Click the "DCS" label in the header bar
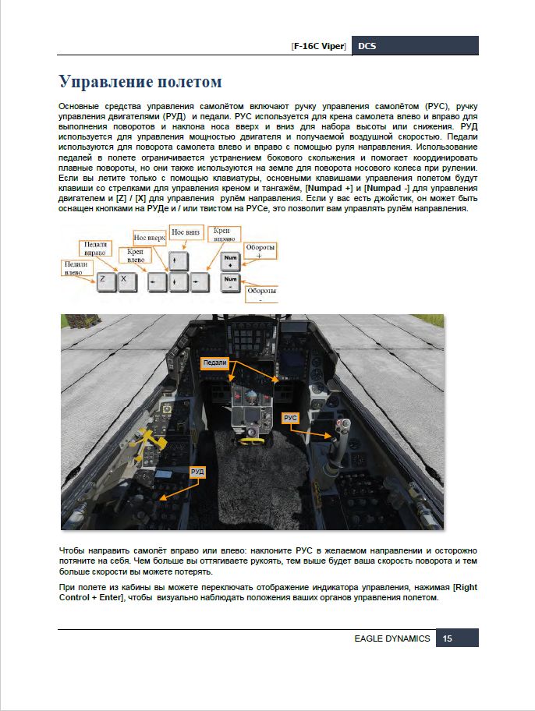pos(367,46)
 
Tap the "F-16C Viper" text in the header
pos(319,46)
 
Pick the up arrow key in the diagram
pos(179,259)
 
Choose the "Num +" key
pos(230,260)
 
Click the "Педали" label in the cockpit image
pos(214,363)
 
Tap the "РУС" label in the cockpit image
pos(291,419)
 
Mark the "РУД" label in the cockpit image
pos(198,472)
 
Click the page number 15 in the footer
pos(448,638)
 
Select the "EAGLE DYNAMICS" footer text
pos(392,638)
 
